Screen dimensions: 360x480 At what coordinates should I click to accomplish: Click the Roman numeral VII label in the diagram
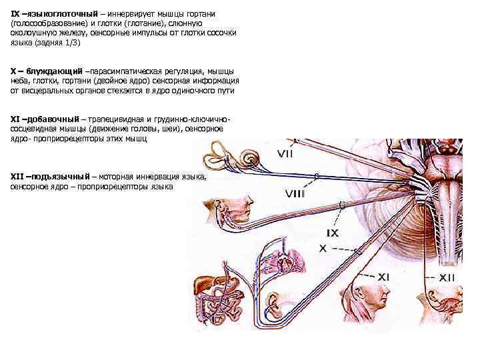285,154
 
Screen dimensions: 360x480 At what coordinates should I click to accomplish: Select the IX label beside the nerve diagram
332,233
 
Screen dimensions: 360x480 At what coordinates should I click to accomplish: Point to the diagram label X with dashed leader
323,247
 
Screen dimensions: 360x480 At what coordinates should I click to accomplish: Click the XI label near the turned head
383,276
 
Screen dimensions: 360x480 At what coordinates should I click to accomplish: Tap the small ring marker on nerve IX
341,205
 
